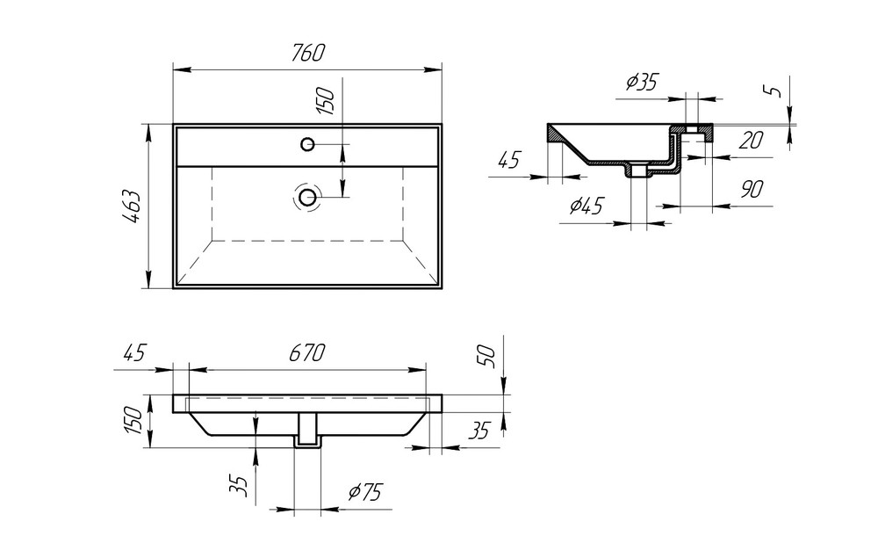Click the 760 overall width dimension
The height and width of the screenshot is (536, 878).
(306, 54)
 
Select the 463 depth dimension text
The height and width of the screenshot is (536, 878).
(131, 206)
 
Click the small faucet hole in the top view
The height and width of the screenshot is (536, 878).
(307, 143)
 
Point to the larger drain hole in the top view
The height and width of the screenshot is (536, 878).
(307, 196)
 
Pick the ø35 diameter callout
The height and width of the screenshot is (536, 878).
(642, 83)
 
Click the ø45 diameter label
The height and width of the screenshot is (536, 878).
(586, 206)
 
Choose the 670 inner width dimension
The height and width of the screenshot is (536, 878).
(306, 353)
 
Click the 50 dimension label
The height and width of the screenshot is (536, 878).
(489, 355)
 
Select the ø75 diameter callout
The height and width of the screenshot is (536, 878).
(363, 493)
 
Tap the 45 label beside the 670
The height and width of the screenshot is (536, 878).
(133, 353)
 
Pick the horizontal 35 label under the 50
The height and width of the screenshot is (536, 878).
(479, 431)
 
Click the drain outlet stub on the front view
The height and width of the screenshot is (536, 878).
(306, 431)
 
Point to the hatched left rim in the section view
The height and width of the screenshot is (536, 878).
(558, 135)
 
